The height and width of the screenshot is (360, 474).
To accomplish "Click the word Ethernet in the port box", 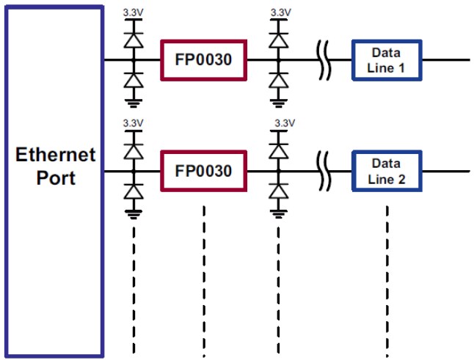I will coord(56,155).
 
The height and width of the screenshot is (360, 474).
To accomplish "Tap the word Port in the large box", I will coord(56,177).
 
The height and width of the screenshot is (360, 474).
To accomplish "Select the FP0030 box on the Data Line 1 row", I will coord(203,59).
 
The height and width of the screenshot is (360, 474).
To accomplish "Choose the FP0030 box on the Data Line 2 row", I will coord(203,171).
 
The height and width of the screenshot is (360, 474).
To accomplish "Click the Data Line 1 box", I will coord(387,59).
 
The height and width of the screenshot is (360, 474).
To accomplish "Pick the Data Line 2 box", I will coord(387,171).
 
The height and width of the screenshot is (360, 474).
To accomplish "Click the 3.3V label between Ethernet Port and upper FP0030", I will coord(133,12).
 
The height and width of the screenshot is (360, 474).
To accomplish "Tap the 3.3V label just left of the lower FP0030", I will coord(133,122).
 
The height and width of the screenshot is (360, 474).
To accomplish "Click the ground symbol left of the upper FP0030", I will coord(133,102).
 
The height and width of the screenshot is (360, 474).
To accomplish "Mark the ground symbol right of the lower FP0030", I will coord(278,213).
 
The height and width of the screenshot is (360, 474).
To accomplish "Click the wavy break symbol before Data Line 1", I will coord(324,59).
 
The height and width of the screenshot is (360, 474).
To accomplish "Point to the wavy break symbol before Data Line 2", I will coord(324,171).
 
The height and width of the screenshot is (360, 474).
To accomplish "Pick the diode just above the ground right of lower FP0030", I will coord(278,191).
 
